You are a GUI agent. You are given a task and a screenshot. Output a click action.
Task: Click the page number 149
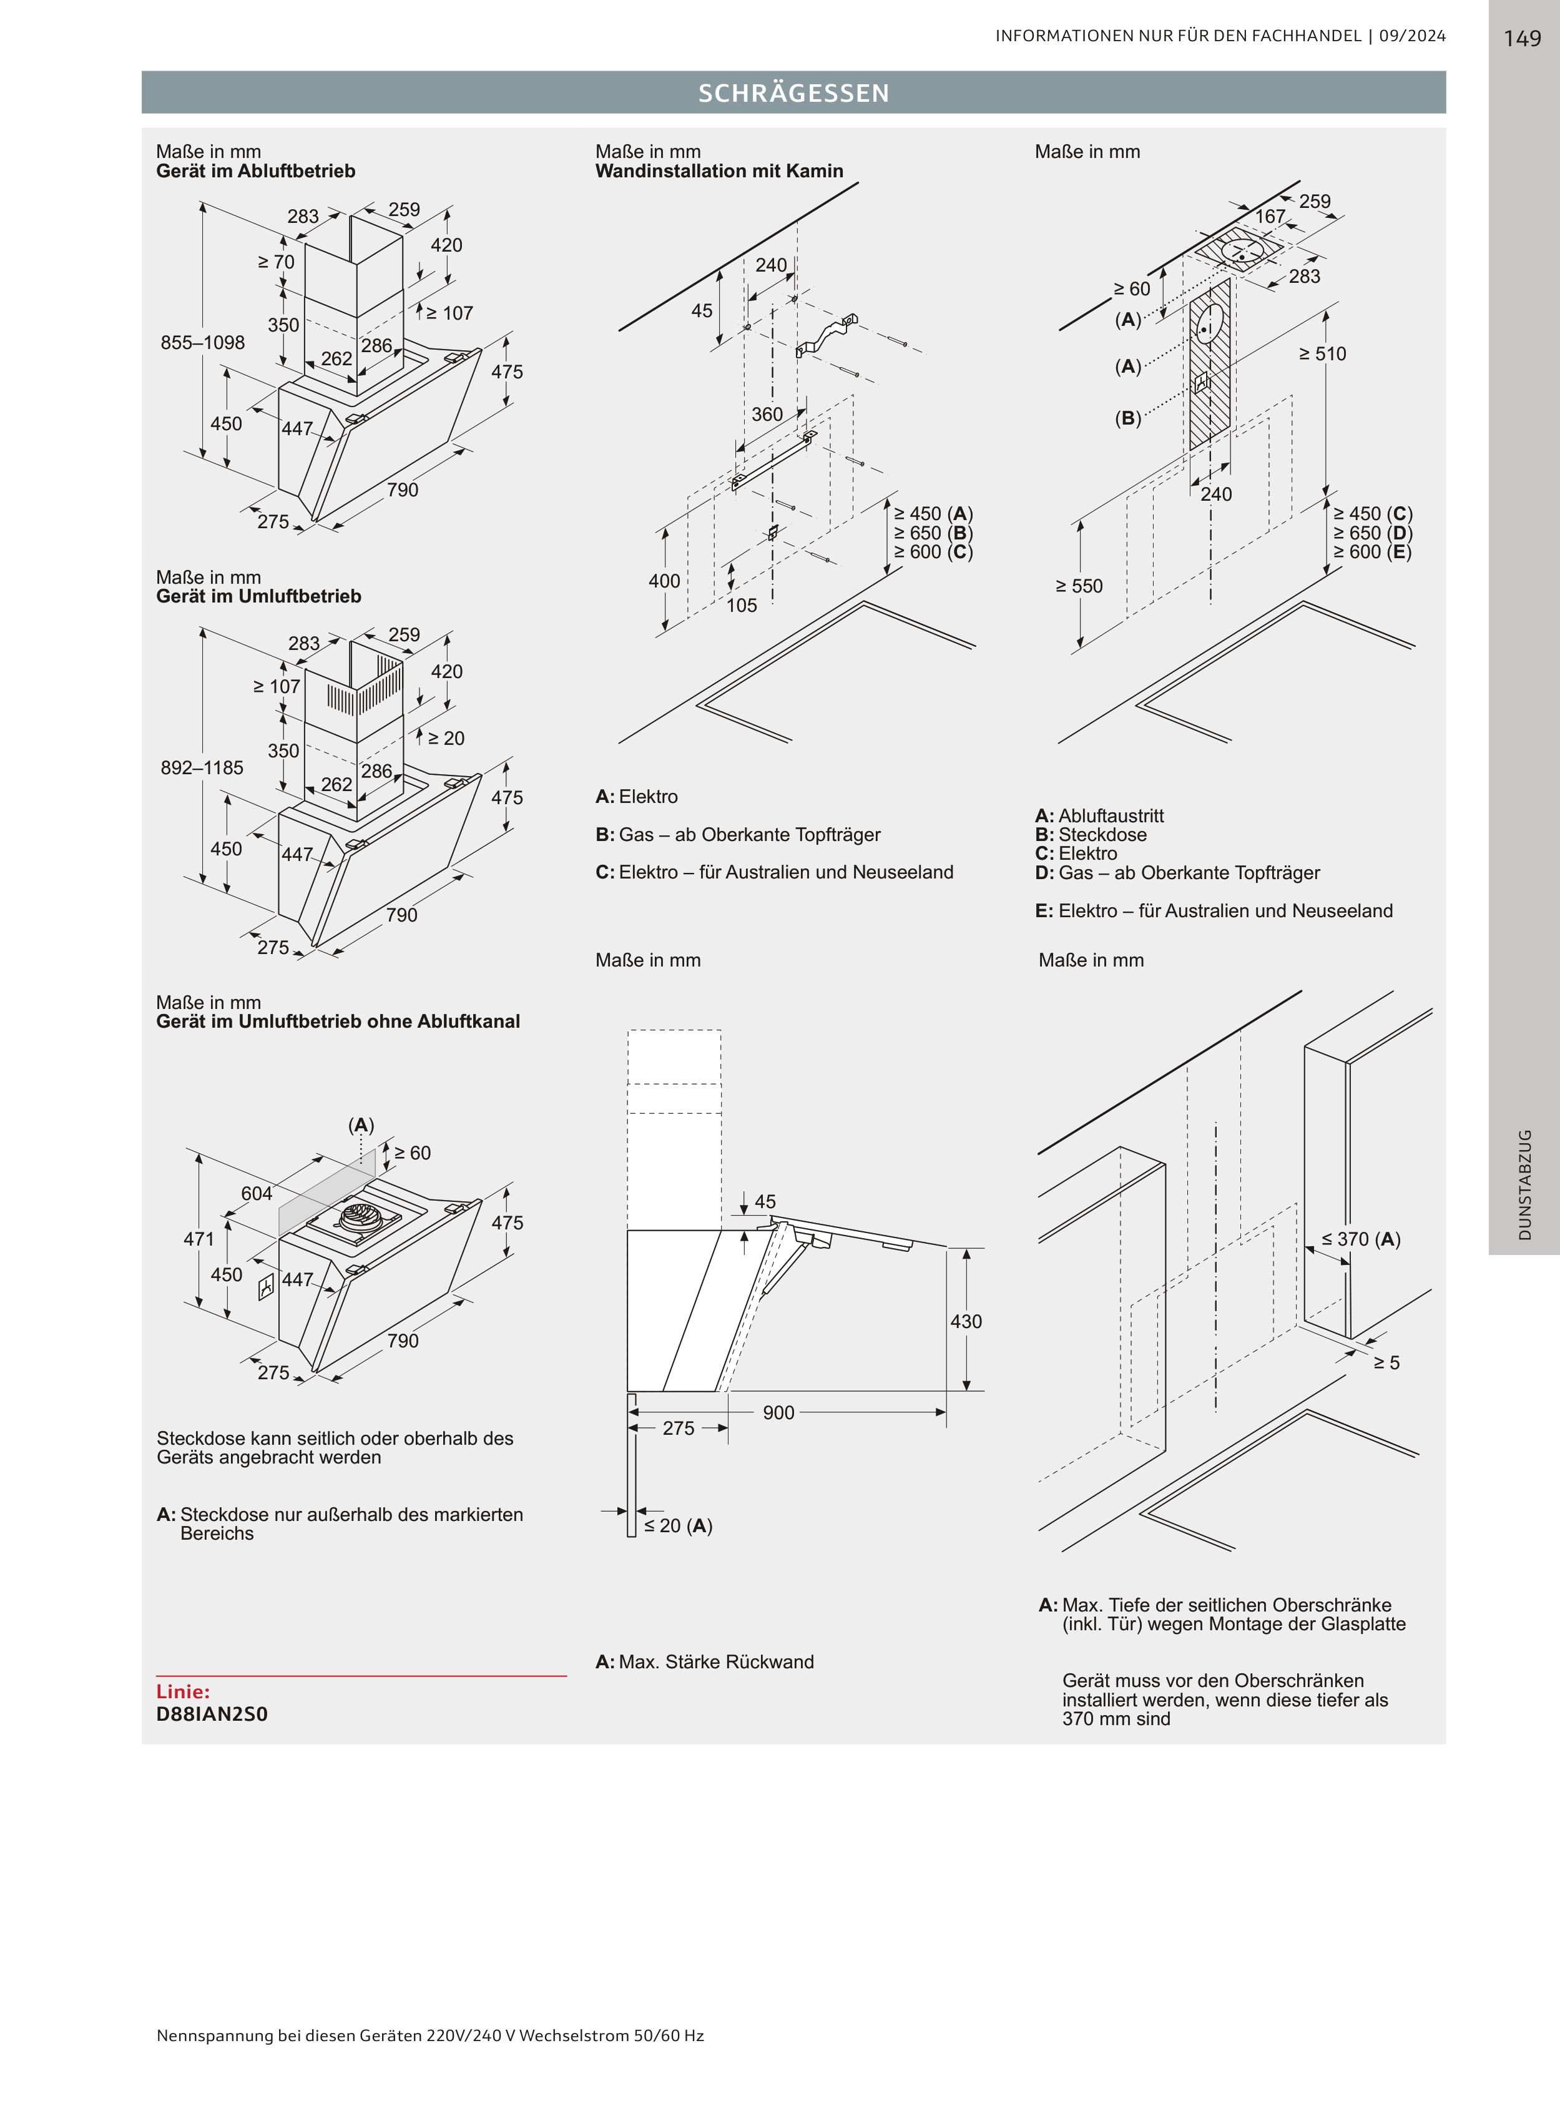1522,39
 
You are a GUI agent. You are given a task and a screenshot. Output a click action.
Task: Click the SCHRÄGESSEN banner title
794,92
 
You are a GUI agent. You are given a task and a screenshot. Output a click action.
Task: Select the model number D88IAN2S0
212,1713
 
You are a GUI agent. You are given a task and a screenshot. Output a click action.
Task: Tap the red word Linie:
183,1691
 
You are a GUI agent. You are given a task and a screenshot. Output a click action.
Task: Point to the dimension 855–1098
202,343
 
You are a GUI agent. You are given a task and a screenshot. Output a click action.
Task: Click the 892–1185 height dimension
202,768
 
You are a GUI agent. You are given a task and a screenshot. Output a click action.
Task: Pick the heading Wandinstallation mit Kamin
720,171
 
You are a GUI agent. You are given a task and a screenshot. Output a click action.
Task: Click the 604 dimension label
257,1194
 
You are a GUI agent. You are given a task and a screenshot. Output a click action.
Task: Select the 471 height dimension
199,1239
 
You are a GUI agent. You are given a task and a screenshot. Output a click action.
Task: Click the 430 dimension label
966,1321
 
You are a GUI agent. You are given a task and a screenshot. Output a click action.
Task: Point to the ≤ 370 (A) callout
1361,1239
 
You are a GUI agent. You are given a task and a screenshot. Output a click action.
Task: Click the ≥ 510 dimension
1322,354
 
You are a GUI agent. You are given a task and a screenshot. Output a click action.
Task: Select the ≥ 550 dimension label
1079,586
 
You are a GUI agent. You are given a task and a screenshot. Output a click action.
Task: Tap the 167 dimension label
1270,216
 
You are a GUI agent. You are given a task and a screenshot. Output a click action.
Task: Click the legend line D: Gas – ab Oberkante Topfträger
1177,873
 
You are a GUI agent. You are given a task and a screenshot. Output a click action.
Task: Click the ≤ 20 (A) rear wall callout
678,1526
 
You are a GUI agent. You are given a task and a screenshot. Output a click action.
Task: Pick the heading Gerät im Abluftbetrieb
256,171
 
